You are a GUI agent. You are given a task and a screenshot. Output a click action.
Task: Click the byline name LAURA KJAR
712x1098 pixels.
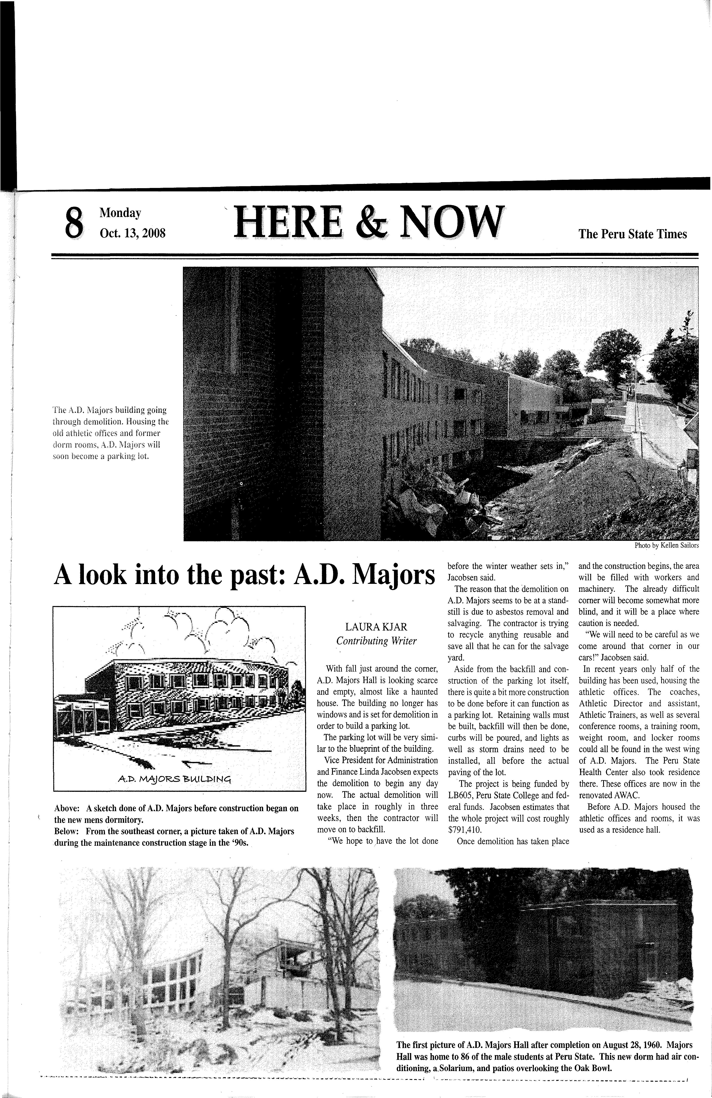376,627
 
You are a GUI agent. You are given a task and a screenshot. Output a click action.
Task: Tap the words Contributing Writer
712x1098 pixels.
376,641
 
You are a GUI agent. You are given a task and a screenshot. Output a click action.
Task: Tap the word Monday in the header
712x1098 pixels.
120,213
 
